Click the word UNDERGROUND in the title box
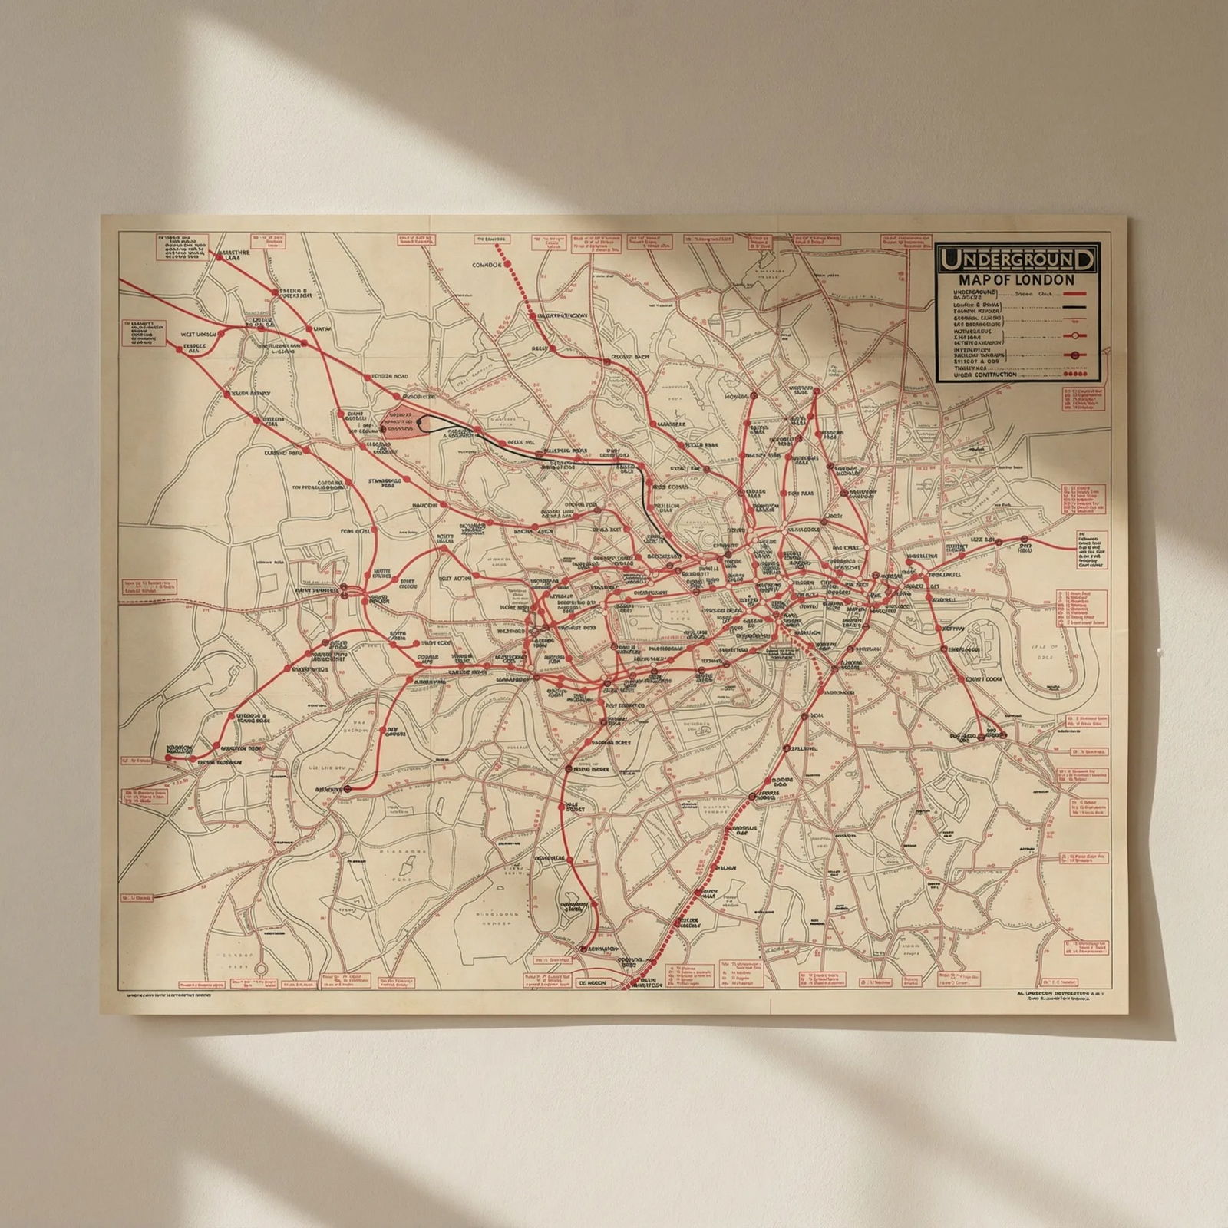[x=1016, y=260]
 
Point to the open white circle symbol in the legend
[x=1076, y=335]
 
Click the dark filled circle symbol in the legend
[x=1076, y=355]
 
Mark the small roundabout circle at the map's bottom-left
[x=261, y=969]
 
